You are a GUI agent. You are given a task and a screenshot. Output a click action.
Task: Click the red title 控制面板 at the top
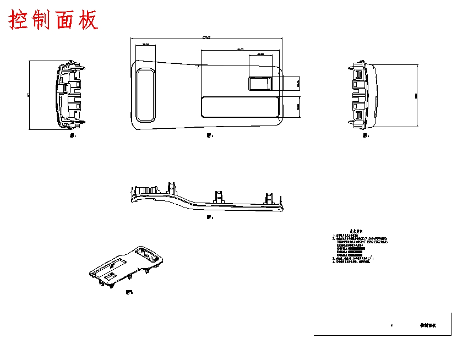(x=53, y=20)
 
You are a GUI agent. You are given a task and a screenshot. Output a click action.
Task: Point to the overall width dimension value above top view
(x=206, y=38)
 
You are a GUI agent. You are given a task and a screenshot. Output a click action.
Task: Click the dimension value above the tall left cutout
(x=145, y=44)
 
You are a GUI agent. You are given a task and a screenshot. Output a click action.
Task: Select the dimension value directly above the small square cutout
(x=260, y=54)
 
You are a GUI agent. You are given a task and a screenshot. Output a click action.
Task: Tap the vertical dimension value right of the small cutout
(x=298, y=84)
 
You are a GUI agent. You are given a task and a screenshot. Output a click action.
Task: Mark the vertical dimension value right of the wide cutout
(x=298, y=106)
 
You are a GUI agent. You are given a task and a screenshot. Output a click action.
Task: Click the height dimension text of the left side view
(x=29, y=95)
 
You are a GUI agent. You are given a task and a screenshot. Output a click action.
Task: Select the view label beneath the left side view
(x=70, y=135)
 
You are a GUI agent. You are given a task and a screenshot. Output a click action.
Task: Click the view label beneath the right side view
(x=366, y=135)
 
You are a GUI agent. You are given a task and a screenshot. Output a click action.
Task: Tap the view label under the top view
(x=209, y=135)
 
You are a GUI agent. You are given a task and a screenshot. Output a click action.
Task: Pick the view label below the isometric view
(x=129, y=292)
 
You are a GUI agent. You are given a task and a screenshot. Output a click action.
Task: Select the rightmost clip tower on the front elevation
(x=269, y=198)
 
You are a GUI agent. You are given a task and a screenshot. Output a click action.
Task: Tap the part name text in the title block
(x=428, y=325)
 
